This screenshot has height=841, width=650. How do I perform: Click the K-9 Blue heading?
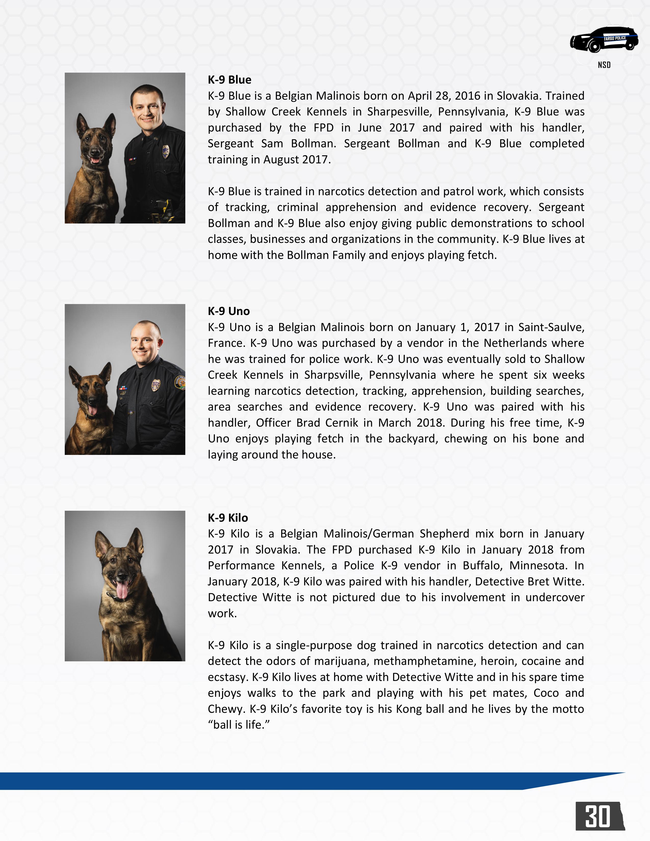[x=229, y=80]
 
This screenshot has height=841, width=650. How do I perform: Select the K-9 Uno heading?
[x=229, y=311]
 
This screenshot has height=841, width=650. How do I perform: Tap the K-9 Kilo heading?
[x=228, y=518]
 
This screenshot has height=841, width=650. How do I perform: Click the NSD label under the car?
[x=604, y=65]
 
